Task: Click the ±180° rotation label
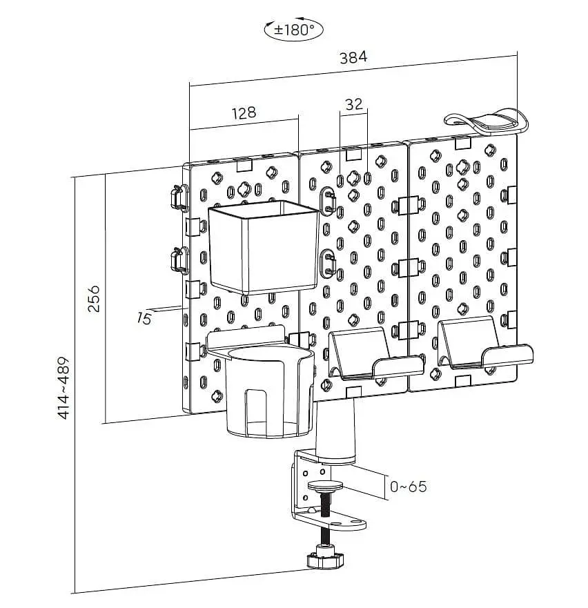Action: click(x=294, y=30)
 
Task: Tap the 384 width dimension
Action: click(x=353, y=58)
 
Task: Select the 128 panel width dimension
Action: click(x=243, y=112)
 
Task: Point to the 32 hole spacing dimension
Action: click(x=353, y=104)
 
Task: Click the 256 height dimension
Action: click(x=94, y=298)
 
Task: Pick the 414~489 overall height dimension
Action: click(x=63, y=388)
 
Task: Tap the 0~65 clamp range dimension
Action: click(x=408, y=487)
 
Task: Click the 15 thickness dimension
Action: click(x=144, y=318)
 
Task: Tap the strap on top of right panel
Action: click(x=490, y=122)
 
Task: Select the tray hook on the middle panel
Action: click(x=373, y=355)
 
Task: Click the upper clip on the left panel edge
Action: click(x=177, y=197)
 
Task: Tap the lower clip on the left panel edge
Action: click(x=177, y=260)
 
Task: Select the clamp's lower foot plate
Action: click(x=331, y=520)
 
